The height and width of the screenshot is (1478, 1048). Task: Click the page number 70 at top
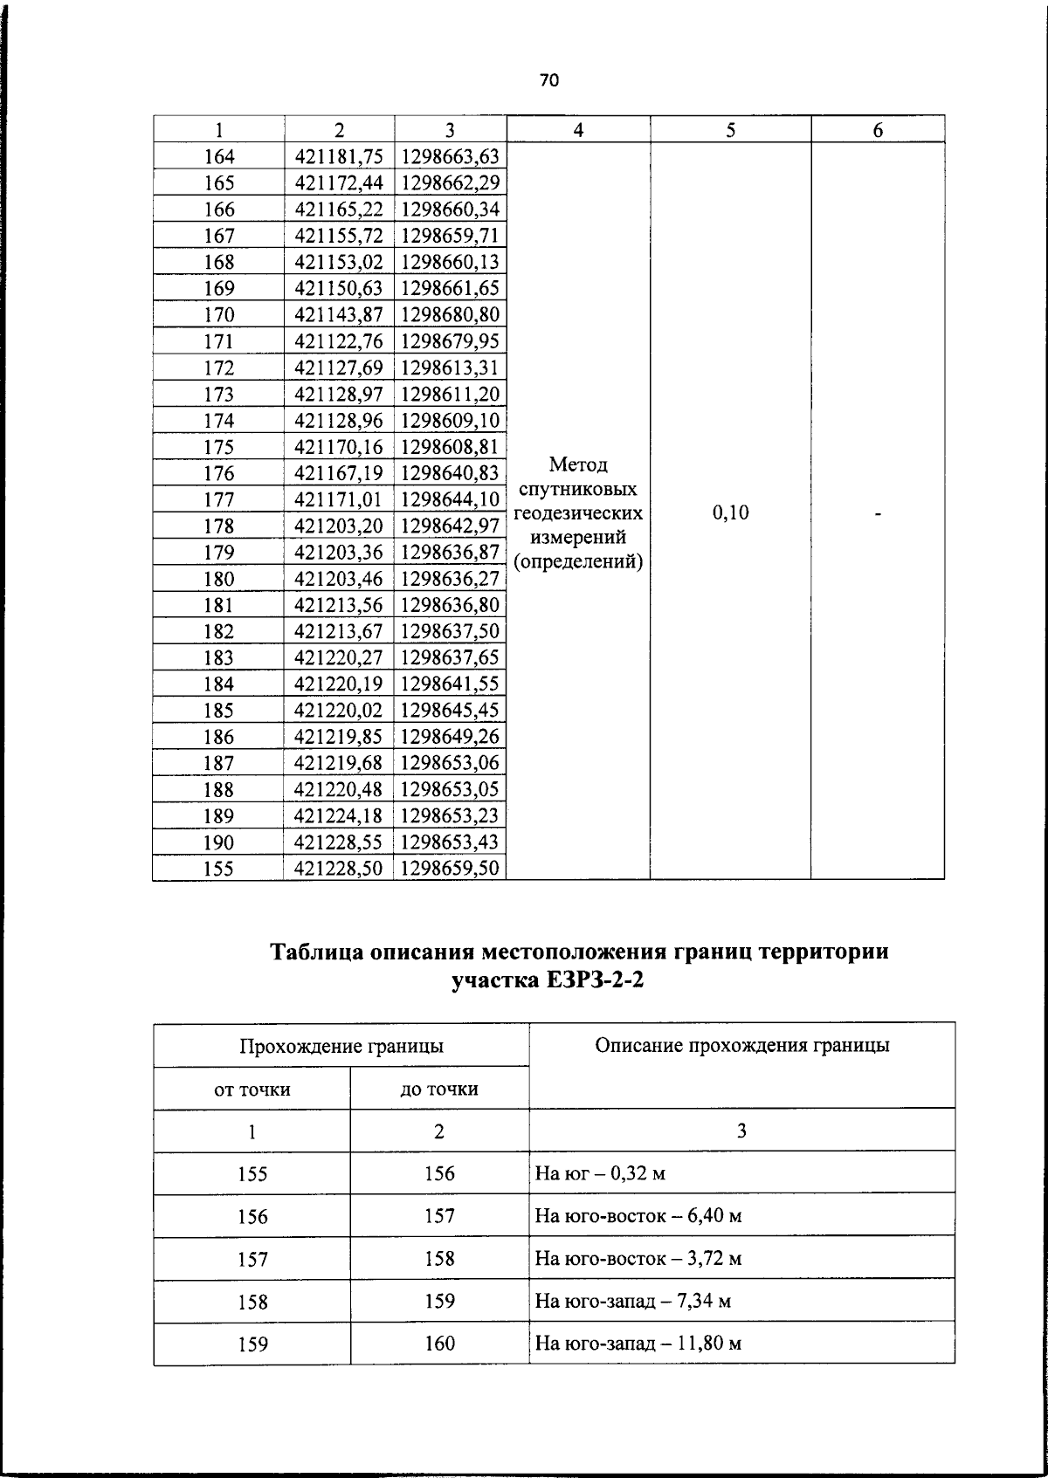pyautogui.click(x=548, y=81)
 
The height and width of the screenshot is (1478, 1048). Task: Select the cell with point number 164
pyautogui.click(x=218, y=157)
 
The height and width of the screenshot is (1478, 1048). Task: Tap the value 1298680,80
pyautogui.click(x=450, y=314)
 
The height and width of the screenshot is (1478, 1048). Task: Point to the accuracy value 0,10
pyautogui.click(x=730, y=513)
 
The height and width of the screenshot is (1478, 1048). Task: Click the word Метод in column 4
pyautogui.click(x=578, y=464)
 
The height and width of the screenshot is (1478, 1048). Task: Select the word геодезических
pyautogui.click(x=578, y=513)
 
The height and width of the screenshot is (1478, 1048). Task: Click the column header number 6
pyautogui.click(x=878, y=130)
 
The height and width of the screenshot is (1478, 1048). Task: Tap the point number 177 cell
pyautogui.click(x=218, y=500)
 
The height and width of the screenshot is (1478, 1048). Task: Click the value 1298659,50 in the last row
pyautogui.click(x=450, y=869)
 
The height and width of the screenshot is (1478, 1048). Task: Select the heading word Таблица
pyautogui.click(x=316, y=951)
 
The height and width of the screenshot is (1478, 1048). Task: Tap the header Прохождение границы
pyautogui.click(x=341, y=1046)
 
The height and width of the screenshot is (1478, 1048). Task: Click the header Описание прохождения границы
pyautogui.click(x=741, y=1045)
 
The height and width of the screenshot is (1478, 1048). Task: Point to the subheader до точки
pyautogui.click(x=439, y=1090)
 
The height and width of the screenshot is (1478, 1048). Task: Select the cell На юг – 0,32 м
pyautogui.click(x=600, y=1173)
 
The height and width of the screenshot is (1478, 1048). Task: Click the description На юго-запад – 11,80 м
pyautogui.click(x=638, y=1344)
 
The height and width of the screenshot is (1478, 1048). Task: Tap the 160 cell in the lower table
pyautogui.click(x=439, y=1344)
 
